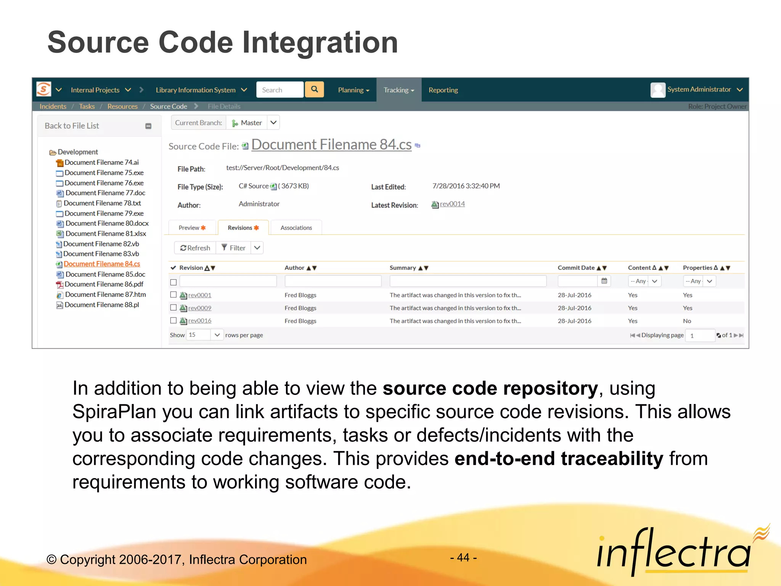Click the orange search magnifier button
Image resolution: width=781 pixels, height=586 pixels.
point(314,90)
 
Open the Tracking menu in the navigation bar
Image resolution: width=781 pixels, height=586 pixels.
point(399,90)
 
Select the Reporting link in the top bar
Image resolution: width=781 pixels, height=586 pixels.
point(443,90)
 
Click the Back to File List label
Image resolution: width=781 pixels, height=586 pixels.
point(72,126)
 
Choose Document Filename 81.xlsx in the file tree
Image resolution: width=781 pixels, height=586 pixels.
point(106,233)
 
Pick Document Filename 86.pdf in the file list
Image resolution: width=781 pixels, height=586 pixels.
point(104,284)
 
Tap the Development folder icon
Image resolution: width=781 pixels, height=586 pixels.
point(53,153)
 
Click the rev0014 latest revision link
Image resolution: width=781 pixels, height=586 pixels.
point(452,204)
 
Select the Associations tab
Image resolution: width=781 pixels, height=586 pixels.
point(296,228)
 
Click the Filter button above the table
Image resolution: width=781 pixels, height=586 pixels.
point(233,248)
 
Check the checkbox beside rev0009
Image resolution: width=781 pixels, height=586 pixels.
point(174,307)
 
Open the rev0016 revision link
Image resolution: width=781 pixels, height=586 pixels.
point(199,321)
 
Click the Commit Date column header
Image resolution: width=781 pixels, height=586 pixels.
point(576,268)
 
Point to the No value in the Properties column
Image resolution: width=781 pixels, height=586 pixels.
point(687,321)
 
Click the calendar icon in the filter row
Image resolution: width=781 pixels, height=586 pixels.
point(604,281)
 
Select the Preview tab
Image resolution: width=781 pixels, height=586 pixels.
point(192,228)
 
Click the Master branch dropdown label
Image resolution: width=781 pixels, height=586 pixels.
point(251,123)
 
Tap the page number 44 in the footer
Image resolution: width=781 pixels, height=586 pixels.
point(463,558)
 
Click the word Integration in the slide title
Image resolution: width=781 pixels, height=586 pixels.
point(320,42)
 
